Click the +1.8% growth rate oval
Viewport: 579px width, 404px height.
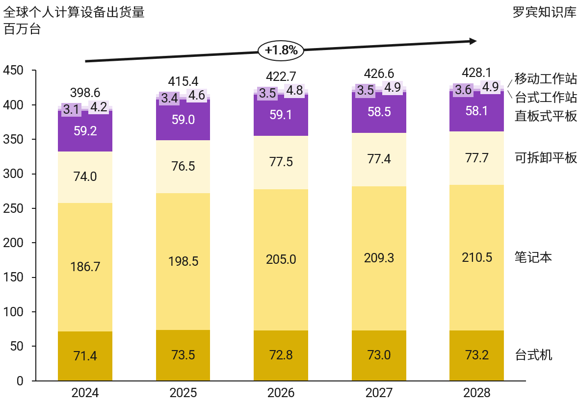click(281, 50)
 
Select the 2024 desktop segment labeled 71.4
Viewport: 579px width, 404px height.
click(85, 356)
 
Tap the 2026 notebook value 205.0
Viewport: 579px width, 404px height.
click(281, 259)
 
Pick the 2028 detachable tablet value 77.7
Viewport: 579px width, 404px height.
click(477, 158)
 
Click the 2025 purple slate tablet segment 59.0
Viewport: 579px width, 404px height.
click(183, 120)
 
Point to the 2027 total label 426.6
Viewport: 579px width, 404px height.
click(379, 74)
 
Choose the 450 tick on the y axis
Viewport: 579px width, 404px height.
click(13, 71)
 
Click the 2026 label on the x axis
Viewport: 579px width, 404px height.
click(281, 393)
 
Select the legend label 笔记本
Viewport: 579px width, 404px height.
click(533, 257)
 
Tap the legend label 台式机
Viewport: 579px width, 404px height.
click(533, 354)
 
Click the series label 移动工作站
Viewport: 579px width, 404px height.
click(545, 78)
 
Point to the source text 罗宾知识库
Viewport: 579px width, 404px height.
click(544, 12)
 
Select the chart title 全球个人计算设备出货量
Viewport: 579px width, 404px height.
click(74, 12)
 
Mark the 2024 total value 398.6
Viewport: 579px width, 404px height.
click(85, 93)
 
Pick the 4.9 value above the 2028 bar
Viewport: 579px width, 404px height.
click(490, 87)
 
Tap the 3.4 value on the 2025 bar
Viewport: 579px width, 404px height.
click(170, 98)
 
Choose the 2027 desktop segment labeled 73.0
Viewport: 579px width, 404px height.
click(379, 355)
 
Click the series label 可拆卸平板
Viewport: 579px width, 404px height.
click(545, 158)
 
